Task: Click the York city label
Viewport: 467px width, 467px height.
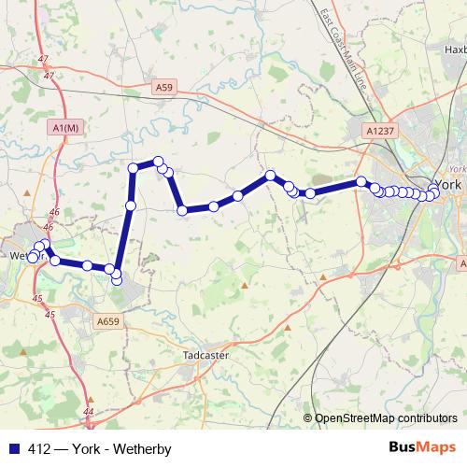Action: (x=449, y=184)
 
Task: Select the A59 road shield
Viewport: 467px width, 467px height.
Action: (x=164, y=87)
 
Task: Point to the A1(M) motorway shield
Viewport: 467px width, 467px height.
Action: (x=67, y=128)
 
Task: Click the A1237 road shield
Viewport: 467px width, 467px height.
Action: (x=379, y=132)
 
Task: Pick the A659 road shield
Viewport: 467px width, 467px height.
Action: (x=108, y=320)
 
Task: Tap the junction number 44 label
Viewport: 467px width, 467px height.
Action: (x=89, y=411)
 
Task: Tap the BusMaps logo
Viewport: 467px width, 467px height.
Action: (x=421, y=448)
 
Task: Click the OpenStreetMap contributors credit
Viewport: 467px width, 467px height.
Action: (x=385, y=418)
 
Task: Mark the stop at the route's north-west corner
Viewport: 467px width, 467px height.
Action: (x=134, y=168)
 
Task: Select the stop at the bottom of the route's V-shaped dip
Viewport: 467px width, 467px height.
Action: (x=183, y=211)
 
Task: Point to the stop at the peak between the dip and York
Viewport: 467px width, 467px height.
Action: (x=270, y=176)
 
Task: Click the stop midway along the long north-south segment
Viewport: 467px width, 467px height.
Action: (x=131, y=205)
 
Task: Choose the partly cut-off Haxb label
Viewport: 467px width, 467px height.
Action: (x=455, y=50)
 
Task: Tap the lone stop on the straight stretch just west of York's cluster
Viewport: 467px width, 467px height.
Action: (x=361, y=181)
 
